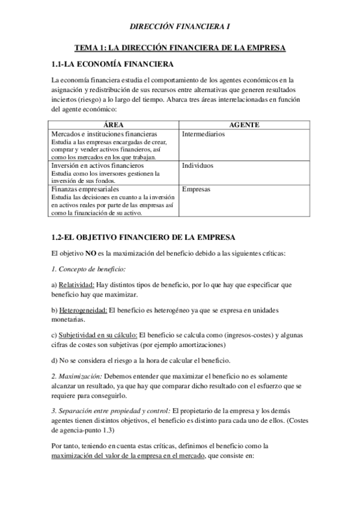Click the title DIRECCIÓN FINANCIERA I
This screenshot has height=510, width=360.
point(180,26)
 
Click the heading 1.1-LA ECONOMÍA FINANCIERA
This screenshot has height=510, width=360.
point(114,63)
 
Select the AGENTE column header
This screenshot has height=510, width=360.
point(245,124)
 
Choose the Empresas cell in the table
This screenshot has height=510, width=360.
point(196,189)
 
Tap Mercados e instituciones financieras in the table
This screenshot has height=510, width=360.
point(104,134)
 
